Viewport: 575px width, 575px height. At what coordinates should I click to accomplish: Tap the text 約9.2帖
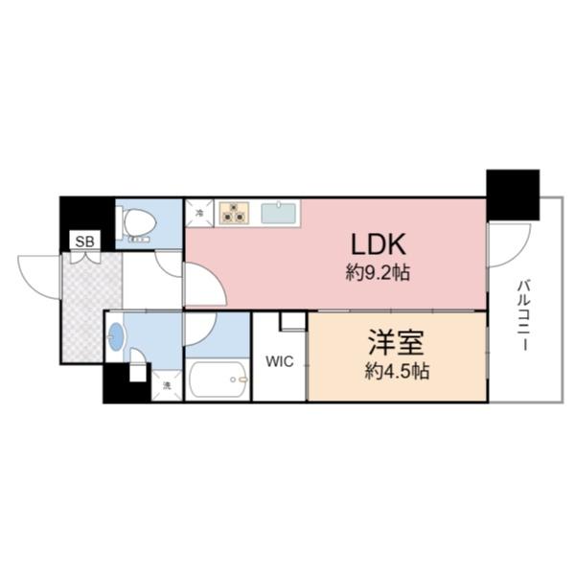pos(379,273)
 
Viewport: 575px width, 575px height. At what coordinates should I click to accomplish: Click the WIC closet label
pos(280,361)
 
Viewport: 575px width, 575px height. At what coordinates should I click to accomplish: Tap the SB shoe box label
pos(84,241)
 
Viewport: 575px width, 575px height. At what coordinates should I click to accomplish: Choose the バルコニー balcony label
pos(524,315)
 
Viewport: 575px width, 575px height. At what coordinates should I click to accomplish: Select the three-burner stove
pos(233,212)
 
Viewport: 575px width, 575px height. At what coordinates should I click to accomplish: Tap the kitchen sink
pos(279,212)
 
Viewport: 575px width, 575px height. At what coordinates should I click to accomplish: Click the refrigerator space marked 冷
pos(199,213)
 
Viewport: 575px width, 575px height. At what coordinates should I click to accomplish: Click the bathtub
pos(218,382)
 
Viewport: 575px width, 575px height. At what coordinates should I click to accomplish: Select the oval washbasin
pos(117,337)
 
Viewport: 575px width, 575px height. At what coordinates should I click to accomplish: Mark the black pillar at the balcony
pos(512,195)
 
